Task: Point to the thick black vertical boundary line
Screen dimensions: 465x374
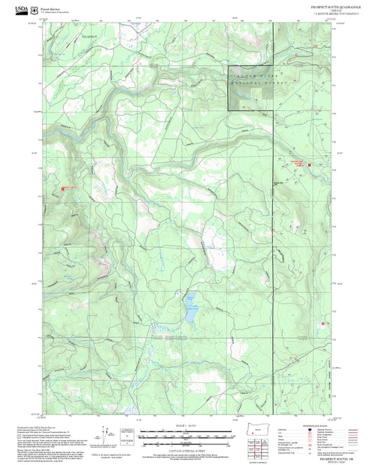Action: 272,246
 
